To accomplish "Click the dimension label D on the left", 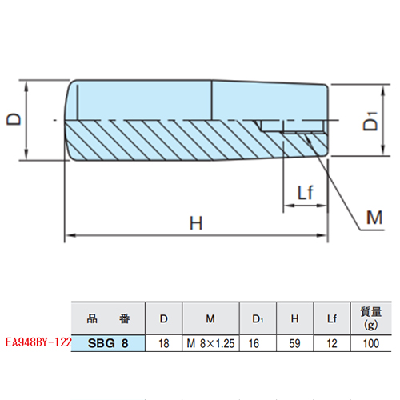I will coord(14,119).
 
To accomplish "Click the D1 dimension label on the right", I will coord(370,125).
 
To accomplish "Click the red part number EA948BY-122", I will coord(37,342).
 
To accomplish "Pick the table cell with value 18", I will coord(163,343).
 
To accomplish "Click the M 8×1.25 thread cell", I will coord(211,343).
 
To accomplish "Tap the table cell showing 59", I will coord(294,343).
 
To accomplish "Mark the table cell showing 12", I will coord(332,343).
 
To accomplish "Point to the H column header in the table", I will coord(294,318).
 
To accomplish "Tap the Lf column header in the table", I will coord(332,318).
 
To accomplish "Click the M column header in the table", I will coord(211,318).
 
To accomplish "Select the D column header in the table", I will coord(163,318).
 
